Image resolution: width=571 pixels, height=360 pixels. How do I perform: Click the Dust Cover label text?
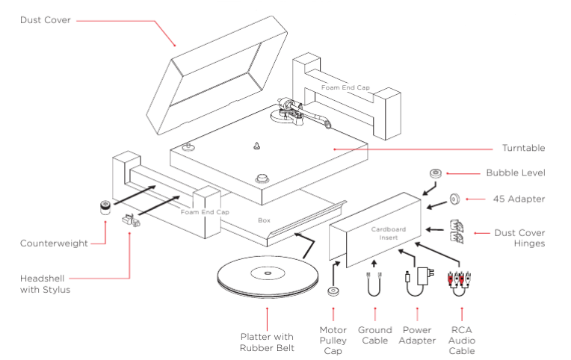pyautogui.click(x=46, y=20)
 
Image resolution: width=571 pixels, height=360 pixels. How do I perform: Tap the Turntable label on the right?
pyautogui.click(x=525, y=148)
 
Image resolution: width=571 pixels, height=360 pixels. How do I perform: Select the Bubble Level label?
pyautogui.click(x=515, y=173)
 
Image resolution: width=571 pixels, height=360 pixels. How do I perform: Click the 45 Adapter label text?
pyautogui.click(x=520, y=199)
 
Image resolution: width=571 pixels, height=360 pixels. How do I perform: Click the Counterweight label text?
pyautogui.click(x=55, y=243)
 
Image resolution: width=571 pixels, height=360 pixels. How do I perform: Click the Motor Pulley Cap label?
pyautogui.click(x=333, y=340)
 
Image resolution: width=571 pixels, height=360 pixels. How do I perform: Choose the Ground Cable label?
pyautogui.click(x=374, y=335)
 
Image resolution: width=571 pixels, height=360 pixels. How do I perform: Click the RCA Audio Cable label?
pyautogui.click(x=462, y=340)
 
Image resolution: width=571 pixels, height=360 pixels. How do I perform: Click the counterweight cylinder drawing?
pyautogui.click(x=106, y=206)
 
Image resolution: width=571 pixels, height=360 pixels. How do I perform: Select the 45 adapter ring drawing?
pyautogui.click(x=453, y=199)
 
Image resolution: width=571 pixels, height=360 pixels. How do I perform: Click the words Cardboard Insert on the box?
pyautogui.click(x=389, y=233)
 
